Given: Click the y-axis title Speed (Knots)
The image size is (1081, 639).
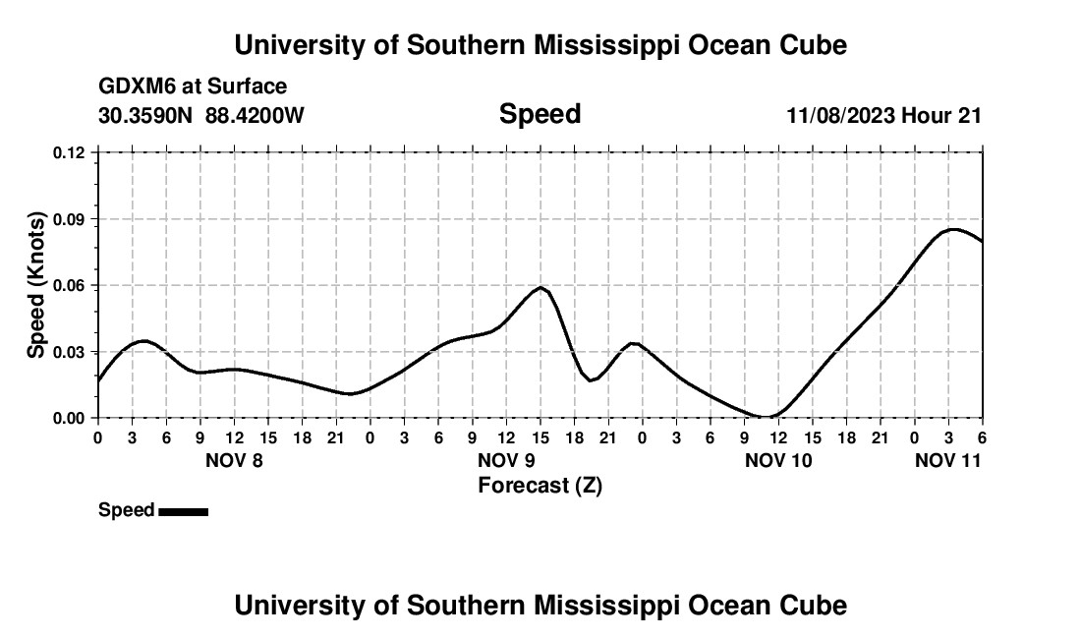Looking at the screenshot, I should point(36,285).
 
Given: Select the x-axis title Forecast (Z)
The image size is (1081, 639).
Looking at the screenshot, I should point(540,486).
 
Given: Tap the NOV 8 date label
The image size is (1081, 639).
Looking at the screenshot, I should point(235,460).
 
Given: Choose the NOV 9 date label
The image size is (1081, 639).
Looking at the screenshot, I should point(506,460).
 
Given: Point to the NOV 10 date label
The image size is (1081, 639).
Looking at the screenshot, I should point(778,460).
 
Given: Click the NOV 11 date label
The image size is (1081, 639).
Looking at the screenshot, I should point(948,460).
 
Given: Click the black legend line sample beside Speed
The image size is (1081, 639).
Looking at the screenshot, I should point(183,511).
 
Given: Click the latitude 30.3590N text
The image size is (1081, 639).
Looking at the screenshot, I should point(146,115).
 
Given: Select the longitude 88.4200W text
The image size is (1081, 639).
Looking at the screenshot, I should point(255,115).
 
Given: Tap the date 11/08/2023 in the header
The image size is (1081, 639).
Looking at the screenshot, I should point(840,115).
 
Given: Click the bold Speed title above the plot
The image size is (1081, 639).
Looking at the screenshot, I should point(540,114).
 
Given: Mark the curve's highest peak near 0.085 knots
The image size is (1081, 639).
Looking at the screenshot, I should point(951,229).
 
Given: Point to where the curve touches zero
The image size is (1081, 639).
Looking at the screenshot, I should point(767,417).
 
